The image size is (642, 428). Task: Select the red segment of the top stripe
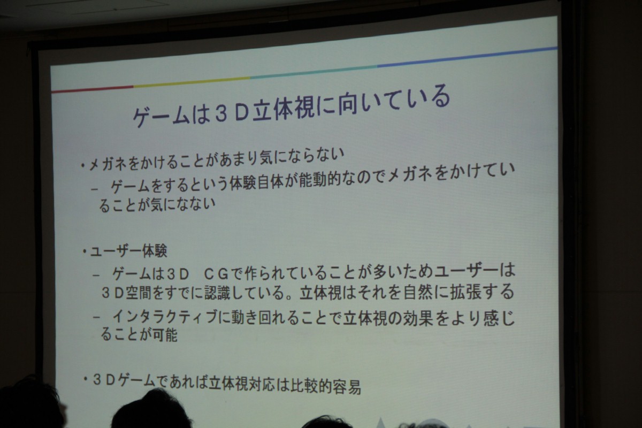coord(92,89)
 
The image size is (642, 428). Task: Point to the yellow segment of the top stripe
coord(192,82)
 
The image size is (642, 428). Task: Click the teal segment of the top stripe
coord(314,72)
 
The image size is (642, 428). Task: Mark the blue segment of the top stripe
coord(468,57)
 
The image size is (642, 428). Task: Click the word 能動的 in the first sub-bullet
coord(319,181)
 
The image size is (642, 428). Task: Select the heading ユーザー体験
coord(128,251)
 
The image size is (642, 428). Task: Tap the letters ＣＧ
coord(216,274)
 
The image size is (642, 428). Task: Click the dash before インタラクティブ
coord(97,318)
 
